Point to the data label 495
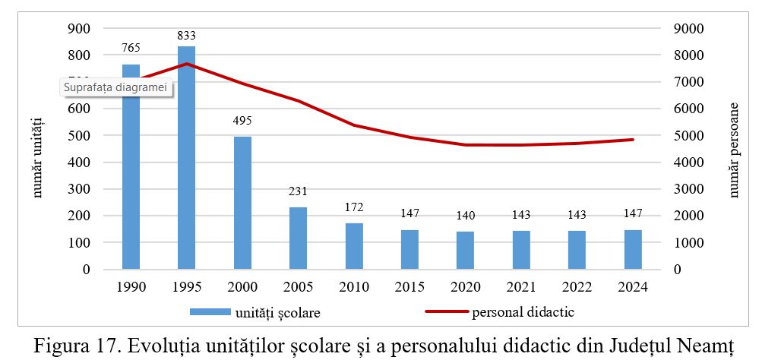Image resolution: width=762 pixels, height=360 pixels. coord(242,121)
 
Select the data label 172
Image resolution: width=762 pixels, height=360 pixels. coord(354,207)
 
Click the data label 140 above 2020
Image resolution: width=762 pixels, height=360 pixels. coord(466,216)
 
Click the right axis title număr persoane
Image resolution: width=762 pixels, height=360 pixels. coord(735,150)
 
